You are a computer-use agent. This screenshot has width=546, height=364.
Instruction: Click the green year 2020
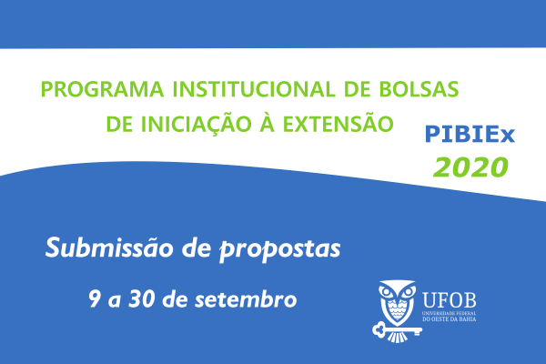pyautogui.click(x=470, y=167)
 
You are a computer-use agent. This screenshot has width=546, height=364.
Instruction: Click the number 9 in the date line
pyautogui.click(x=94, y=298)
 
